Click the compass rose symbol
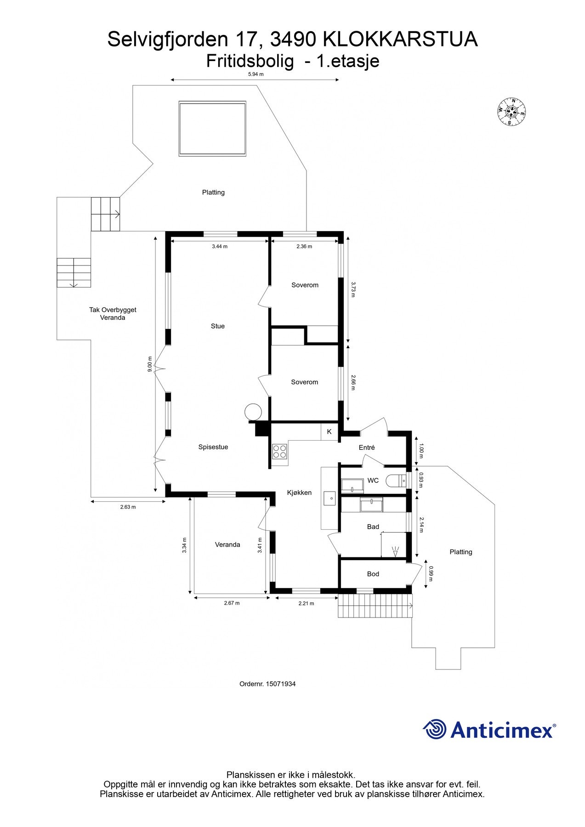coord(511,112)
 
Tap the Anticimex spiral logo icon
coord(435,729)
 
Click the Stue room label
coord(218,326)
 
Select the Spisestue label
coord(213,447)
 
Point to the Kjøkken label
coord(299,493)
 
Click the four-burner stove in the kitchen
coord(279,452)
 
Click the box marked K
coord(329,432)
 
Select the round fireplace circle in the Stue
coord(253,412)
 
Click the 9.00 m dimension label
coord(149,364)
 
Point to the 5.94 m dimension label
coord(256,74)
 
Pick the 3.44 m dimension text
coord(220,246)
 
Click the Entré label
coord(367,447)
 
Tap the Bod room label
coord(373,574)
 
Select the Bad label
coord(373,527)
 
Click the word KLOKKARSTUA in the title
coord(401,40)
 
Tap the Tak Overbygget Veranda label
coord(113,313)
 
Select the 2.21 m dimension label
coord(306,603)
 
